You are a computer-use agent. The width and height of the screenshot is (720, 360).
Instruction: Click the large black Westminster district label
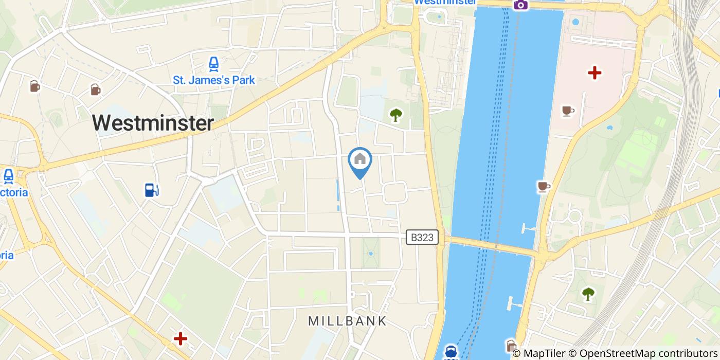(x=153, y=123)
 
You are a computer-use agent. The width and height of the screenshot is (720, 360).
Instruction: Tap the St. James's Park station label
(x=213, y=80)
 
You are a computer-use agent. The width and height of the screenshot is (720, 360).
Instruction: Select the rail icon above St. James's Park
(x=213, y=64)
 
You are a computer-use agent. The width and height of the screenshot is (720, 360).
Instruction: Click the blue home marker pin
(x=360, y=161)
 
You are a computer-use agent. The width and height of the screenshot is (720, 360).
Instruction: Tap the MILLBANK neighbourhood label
(x=347, y=321)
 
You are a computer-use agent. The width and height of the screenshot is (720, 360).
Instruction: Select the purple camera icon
(x=520, y=5)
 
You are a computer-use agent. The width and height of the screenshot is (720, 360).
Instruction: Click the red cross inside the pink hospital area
(x=595, y=73)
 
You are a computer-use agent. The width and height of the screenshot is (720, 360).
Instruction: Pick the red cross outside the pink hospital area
(x=180, y=338)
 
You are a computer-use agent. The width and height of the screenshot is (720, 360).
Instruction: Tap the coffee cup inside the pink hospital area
(x=567, y=111)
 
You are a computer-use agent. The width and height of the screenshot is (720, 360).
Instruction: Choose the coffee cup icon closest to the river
(x=543, y=186)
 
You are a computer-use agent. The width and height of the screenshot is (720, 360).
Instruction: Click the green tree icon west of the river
(x=395, y=115)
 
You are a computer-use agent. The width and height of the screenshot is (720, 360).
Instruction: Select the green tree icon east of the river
(x=588, y=294)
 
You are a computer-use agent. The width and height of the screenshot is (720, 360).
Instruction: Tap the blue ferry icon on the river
(x=451, y=352)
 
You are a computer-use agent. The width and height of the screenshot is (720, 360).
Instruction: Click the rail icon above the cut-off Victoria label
(x=8, y=176)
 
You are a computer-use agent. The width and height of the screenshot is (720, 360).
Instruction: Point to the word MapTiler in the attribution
(x=544, y=353)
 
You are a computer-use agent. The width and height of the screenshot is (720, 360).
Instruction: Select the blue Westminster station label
(x=445, y=2)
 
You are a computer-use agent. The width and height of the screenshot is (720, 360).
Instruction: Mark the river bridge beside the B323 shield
(x=491, y=246)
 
